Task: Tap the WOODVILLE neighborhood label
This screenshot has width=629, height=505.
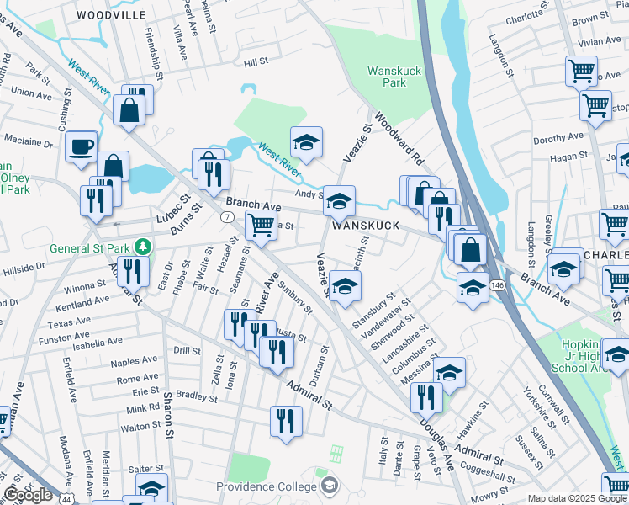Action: click(110, 15)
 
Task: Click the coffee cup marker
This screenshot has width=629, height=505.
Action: click(82, 146)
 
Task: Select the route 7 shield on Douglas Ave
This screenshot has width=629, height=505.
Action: click(227, 217)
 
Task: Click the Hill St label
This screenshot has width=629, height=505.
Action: click(255, 62)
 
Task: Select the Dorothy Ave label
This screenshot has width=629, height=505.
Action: click(558, 137)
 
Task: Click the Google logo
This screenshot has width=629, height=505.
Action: click(28, 495)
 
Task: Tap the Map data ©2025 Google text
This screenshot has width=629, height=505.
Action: click(576, 498)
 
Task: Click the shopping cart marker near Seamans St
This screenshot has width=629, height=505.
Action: click(262, 225)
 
